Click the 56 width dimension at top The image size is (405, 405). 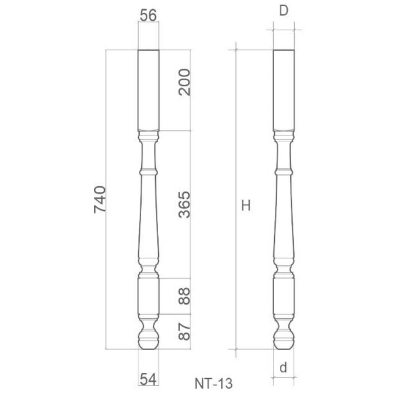click(x=148, y=15)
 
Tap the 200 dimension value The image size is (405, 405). click(x=184, y=82)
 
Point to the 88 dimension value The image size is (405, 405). click(x=184, y=296)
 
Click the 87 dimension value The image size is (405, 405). click(x=184, y=331)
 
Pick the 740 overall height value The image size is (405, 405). click(x=100, y=199)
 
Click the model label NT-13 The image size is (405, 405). click(x=214, y=384)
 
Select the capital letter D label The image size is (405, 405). click(x=283, y=11)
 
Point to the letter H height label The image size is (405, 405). click(x=246, y=205)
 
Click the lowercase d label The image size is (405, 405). click(x=283, y=368)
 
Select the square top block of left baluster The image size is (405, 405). click(x=148, y=90)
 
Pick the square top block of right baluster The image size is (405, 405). click(x=283, y=90)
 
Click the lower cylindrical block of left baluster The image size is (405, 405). click(x=148, y=296)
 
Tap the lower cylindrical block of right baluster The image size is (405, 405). click(x=283, y=296)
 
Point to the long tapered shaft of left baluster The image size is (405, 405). click(x=148, y=217)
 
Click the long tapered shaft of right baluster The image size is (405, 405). click(x=283, y=217)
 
